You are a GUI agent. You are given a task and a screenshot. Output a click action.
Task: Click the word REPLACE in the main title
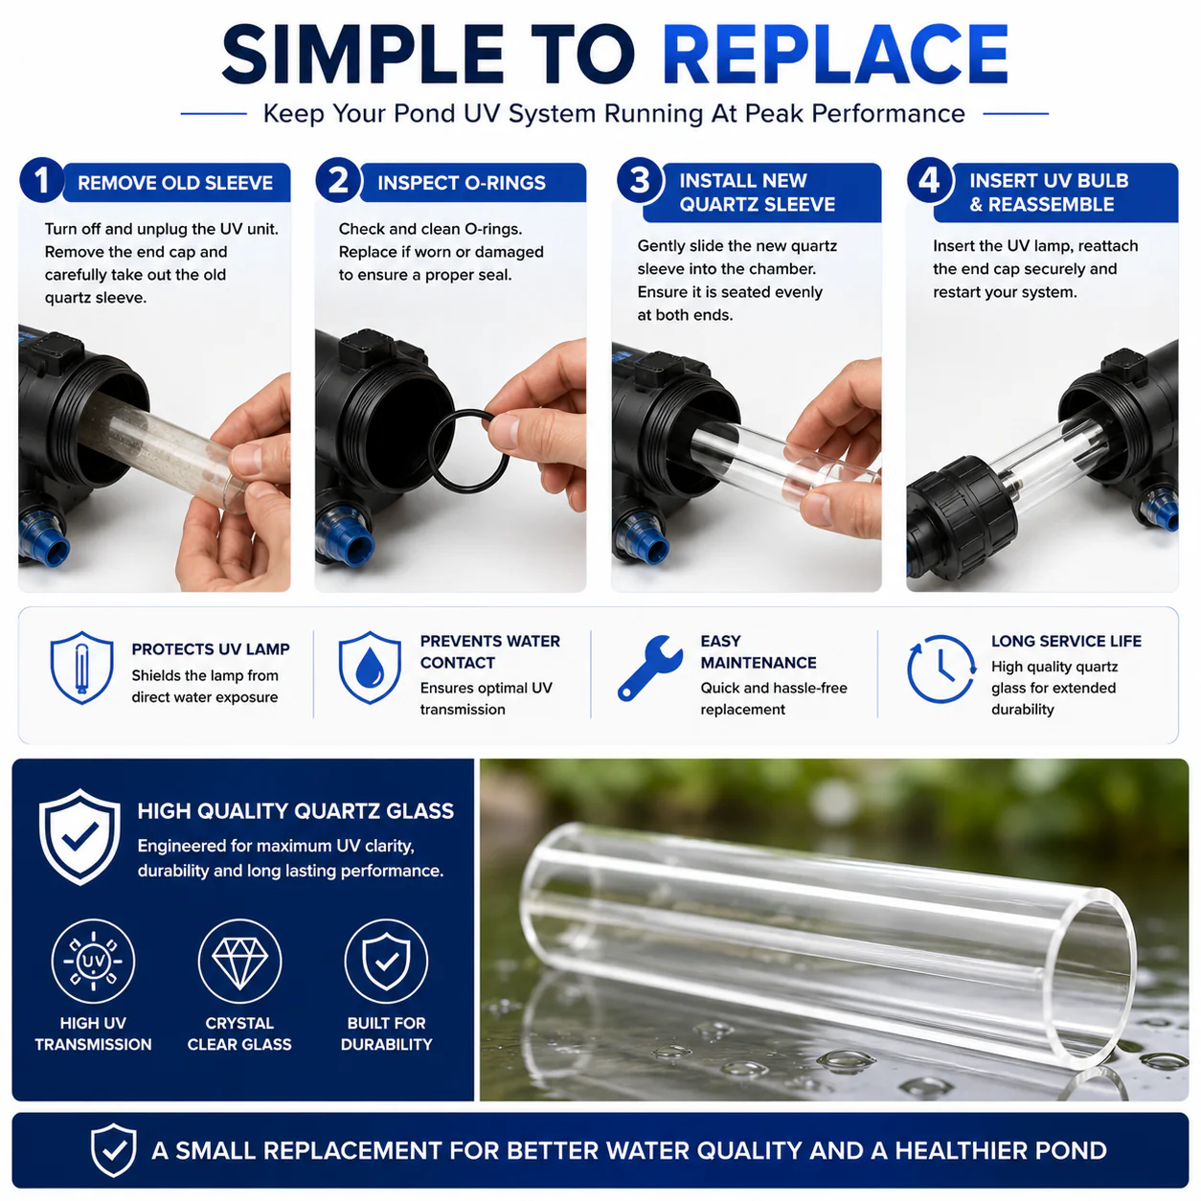835,55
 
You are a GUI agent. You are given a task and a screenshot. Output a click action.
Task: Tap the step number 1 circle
42,180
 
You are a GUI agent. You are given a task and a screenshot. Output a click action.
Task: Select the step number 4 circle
929,180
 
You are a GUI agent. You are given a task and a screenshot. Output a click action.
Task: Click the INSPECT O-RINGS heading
462,183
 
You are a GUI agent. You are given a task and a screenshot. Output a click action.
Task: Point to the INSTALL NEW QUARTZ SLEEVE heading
758,192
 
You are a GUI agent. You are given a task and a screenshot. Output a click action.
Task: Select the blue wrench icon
649,668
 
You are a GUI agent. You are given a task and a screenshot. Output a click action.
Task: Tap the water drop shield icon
370,668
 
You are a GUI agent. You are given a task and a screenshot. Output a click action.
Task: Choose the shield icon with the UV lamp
81,668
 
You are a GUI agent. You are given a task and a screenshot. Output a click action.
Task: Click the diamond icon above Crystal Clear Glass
239,961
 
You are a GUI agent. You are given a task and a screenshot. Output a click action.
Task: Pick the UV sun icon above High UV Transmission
93,961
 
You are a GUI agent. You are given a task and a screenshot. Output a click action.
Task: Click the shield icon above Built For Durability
386,961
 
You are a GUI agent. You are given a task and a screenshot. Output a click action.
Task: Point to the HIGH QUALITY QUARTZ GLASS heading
295,811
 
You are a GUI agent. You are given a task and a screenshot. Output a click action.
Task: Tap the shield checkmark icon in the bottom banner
113,1150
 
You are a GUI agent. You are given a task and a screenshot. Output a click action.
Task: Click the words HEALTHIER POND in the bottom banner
1001,1150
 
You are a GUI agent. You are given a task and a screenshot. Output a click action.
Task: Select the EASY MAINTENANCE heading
759,651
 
